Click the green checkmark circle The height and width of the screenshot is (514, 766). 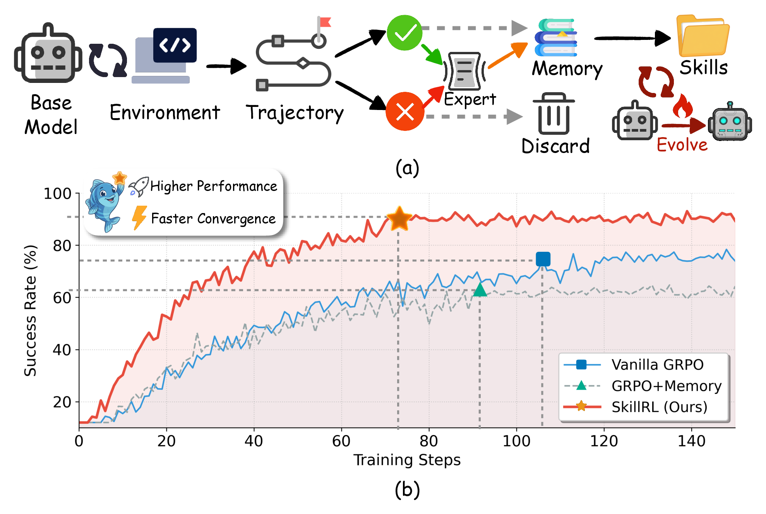[404, 33]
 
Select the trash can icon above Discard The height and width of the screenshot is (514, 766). [554, 113]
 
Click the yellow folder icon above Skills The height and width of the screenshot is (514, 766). [703, 36]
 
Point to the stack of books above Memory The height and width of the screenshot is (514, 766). [556, 38]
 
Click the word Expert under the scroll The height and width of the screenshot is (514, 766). [470, 100]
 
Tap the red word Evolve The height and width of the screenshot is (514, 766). [682, 145]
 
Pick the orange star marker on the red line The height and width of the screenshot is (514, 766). [399, 218]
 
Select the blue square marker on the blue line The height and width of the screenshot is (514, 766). [543, 259]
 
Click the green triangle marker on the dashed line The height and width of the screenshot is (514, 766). [480, 290]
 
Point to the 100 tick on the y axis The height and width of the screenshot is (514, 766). [57, 193]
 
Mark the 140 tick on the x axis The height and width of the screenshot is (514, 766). [691, 441]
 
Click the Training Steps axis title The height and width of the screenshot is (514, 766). [407, 460]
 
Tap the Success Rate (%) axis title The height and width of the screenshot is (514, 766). [30, 311]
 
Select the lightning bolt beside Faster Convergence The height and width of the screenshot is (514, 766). [139, 218]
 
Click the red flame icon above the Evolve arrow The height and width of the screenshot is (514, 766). [682, 106]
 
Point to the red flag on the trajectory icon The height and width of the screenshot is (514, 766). [324, 22]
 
